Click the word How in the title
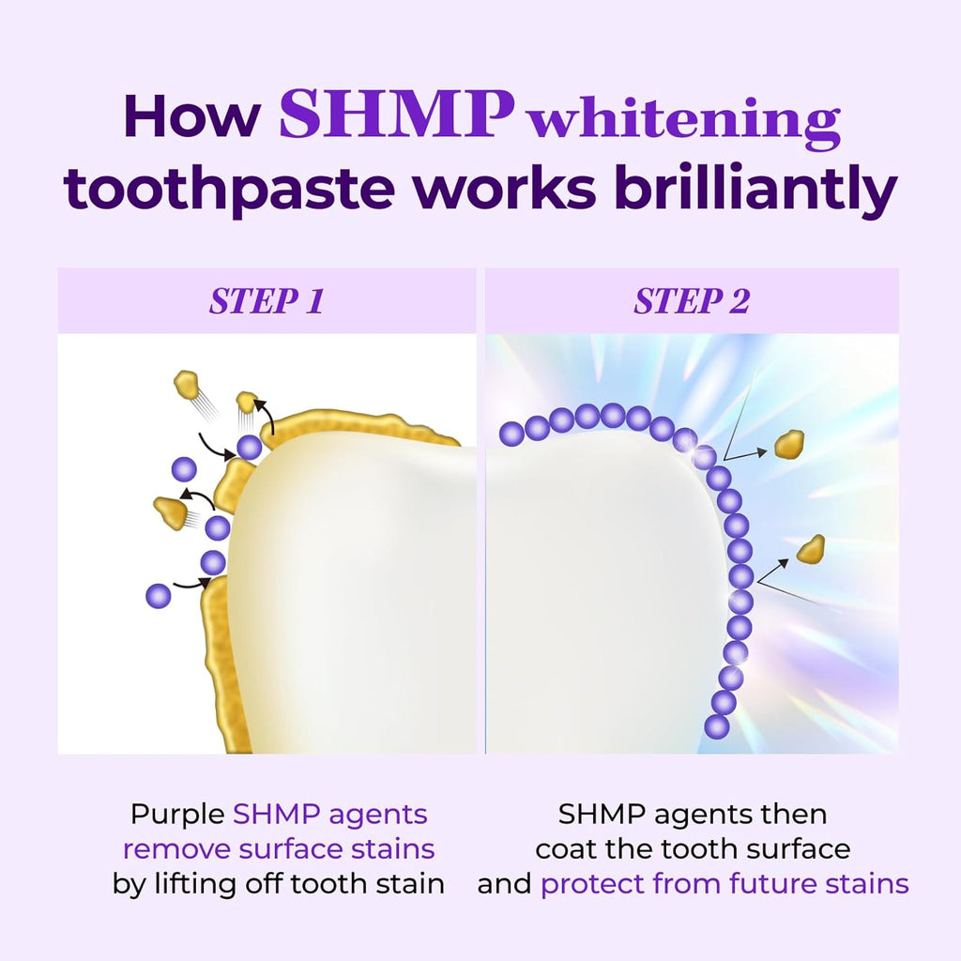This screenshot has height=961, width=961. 191,116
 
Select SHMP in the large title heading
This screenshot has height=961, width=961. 396,114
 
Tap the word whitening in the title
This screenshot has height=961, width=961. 683,121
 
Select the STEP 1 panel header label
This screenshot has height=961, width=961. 267,301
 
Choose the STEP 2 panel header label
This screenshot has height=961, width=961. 692,301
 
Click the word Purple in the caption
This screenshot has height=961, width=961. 177,814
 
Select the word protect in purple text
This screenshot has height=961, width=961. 592,884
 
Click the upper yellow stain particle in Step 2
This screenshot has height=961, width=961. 790,444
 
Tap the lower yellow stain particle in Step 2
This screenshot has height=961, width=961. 811,549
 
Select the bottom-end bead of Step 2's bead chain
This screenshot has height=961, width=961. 717,725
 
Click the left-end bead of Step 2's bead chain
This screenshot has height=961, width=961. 511,433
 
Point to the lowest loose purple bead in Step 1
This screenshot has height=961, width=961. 159,595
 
